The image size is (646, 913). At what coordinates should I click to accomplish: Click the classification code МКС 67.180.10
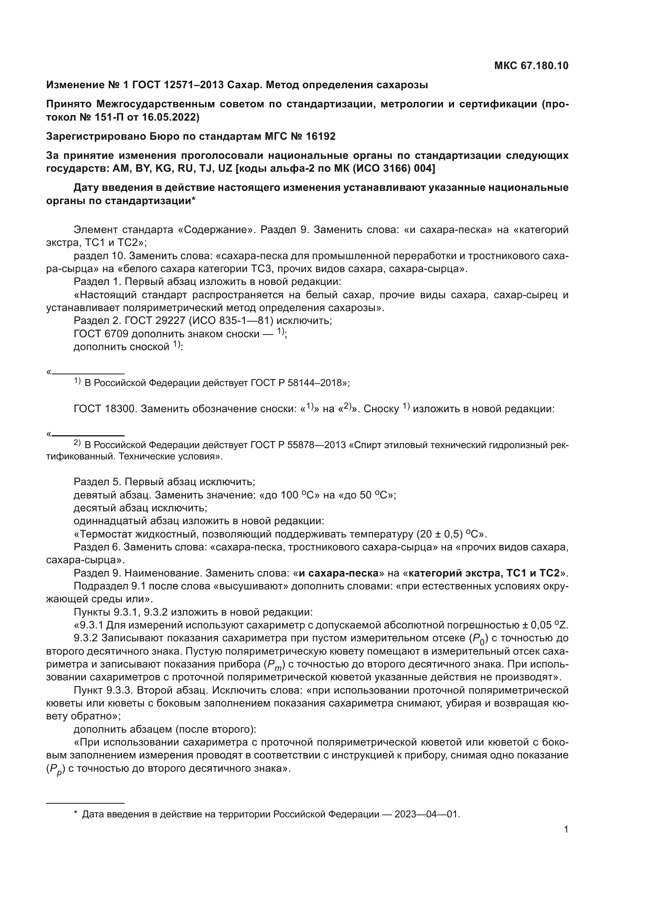(531, 66)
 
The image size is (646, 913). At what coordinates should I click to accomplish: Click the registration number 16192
(321, 136)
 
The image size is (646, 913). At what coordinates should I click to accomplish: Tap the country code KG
(163, 169)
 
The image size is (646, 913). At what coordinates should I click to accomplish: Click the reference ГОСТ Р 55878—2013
(298, 445)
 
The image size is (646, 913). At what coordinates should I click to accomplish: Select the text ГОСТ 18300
(104, 409)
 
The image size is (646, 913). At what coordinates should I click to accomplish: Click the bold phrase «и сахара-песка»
(339, 573)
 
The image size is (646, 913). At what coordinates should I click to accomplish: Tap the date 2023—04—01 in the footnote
(427, 814)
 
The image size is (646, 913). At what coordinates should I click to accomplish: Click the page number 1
(566, 829)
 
